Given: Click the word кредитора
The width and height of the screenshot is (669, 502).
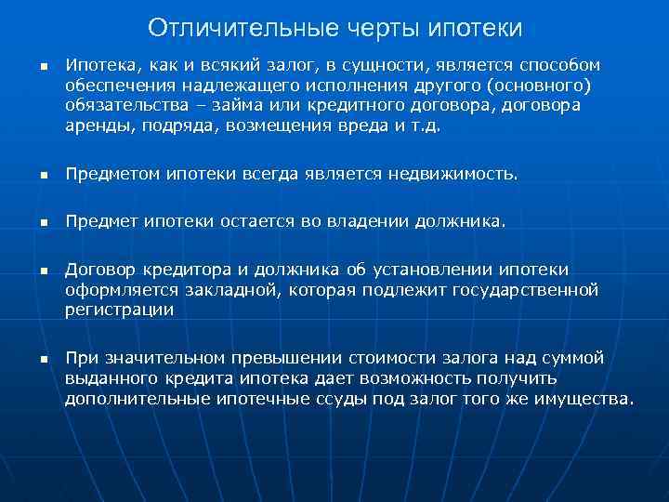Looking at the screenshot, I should tap(180, 271).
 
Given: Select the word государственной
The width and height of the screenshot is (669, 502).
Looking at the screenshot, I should tap(525, 290).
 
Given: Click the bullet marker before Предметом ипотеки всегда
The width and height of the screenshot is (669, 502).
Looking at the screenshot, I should tap(42, 175).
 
